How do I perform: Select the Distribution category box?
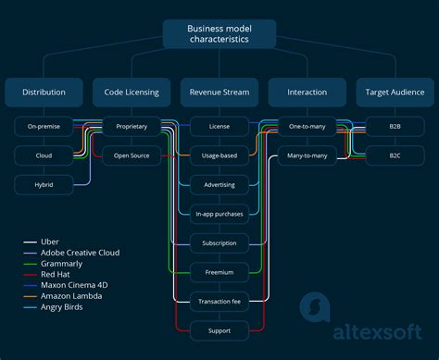(44, 92)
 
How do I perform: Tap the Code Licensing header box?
(131, 92)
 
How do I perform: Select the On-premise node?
(44, 127)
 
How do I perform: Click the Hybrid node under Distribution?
(44, 185)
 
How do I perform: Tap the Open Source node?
(131, 155)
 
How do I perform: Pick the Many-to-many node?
(307, 155)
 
